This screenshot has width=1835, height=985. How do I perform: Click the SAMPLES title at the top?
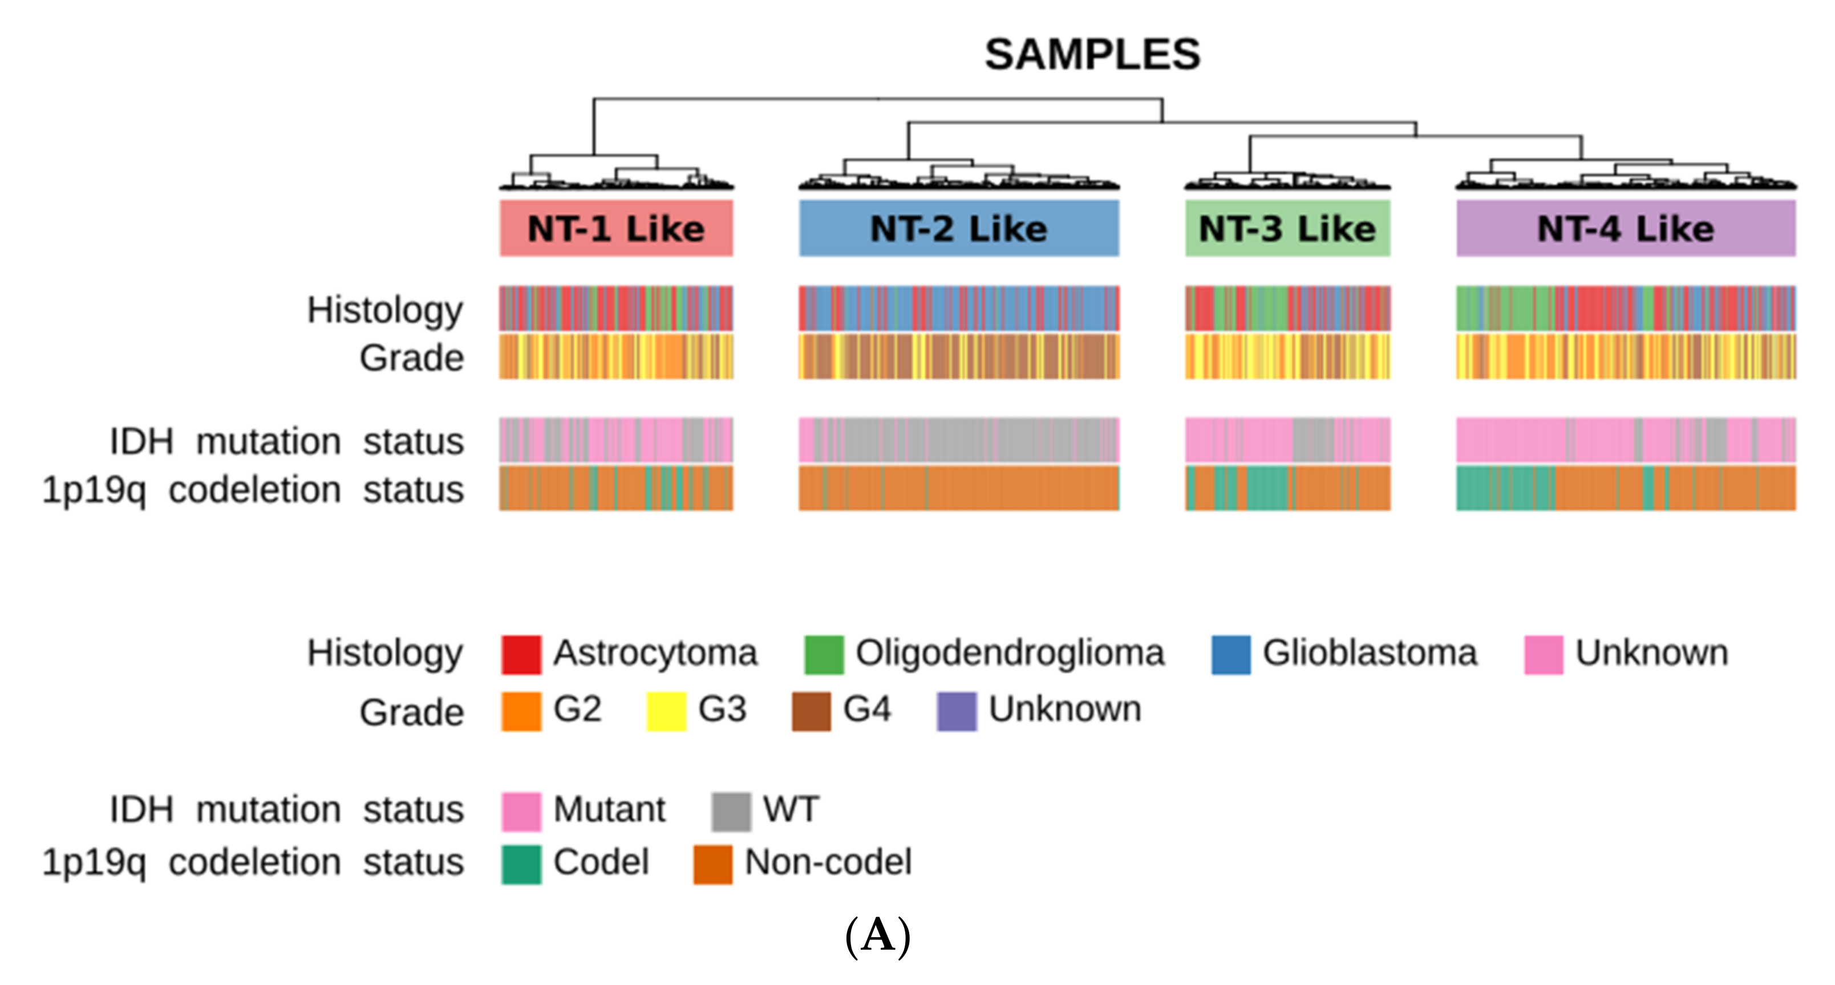coord(1092,54)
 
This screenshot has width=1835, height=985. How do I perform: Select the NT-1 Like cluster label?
coord(616,229)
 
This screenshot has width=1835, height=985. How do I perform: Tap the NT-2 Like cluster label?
coord(959,229)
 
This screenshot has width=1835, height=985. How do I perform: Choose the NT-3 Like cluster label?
coord(1287,229)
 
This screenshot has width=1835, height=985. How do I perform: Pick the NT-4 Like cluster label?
coord(1626,229)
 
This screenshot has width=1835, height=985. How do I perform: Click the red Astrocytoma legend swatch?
coord(521,654)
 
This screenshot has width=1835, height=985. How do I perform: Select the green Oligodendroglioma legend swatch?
coord(824,654)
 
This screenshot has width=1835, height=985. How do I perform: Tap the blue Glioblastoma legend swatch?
coord(1230,654)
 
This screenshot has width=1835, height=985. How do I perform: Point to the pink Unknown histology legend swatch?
coord(1543,654)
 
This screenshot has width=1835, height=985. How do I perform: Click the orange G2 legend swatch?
coord(521,711)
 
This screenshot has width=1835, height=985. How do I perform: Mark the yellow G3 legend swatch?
coord(666,711)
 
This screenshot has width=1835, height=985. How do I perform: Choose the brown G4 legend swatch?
coord(811,711)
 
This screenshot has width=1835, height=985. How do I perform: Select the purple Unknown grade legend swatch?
coord(956,711)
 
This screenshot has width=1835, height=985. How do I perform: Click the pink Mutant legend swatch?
coord(521,811)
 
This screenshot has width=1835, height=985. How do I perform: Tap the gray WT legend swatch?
coord(731,811)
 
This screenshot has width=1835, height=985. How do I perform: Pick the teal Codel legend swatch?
coord(521,864)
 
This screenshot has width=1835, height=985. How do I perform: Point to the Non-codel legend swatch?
coord(712,864)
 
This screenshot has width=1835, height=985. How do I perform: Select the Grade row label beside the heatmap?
coord(412,358)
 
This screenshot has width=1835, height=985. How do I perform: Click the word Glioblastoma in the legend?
coord(1369,652)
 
